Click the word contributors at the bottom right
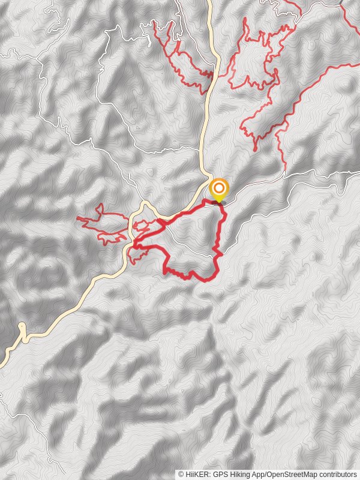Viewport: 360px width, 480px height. [337, 474]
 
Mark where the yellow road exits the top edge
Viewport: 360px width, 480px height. [211, 1]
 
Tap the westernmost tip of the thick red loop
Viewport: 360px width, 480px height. [134, 244]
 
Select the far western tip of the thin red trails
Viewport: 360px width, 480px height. [78, 218]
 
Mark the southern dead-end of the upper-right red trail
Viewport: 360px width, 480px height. [256, 149]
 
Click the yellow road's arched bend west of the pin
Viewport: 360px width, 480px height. [145, 205]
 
